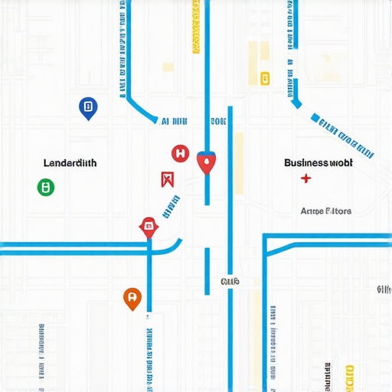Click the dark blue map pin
click(87, 107)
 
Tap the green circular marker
click(46, 186)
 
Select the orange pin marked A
click(132, 298)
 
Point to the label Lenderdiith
click(70, 163)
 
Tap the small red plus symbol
click(306, 180)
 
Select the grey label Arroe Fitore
click(325, 211)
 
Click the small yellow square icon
click(265, 77)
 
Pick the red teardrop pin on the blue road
click(206, 162)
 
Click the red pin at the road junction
click(148, 226)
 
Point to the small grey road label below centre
click(230, 283)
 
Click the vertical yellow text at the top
click(196, 27)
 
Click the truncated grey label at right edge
click(384, 289)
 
